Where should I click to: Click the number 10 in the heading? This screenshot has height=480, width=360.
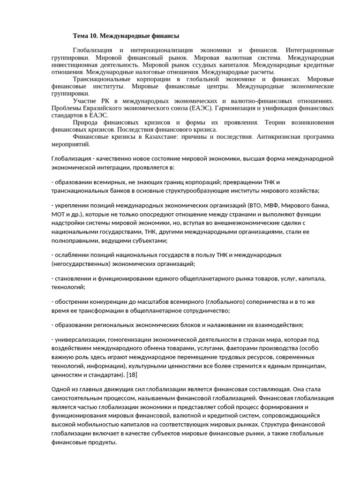click(94, 36)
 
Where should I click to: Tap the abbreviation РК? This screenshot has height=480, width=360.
click(105, 101)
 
